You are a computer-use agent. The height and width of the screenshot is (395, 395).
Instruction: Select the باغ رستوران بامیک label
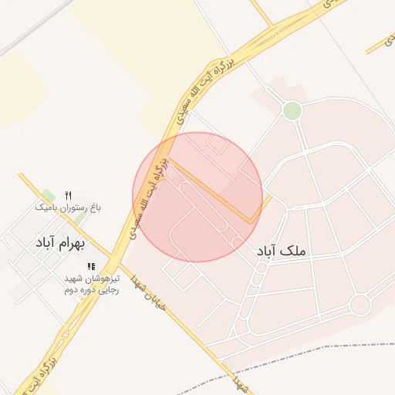pyautogui.click(x=68, y=208)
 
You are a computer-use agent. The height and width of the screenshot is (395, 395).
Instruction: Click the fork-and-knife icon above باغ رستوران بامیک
pyautogui.click(x=68, y=194)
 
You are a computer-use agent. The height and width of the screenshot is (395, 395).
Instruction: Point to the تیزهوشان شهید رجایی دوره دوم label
pyautogui.click(x=92, y=284)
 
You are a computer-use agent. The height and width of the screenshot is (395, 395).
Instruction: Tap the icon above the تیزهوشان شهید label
pyautogui.click(x=92, y=266)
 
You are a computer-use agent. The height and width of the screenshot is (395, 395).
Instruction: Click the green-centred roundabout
pyautogui.click(x=292, y=111)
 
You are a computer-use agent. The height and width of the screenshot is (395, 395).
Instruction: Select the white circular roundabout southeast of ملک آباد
pyautogui.click(x=360, y=305)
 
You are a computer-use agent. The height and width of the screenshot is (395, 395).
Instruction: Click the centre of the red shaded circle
pyautogui.click(x=197, y=197)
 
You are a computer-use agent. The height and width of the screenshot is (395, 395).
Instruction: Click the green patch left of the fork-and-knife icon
pyautogui.click(x=49, y=195)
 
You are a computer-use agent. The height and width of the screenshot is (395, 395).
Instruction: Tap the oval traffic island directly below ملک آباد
pyautogui.click(x=262, y=268)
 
